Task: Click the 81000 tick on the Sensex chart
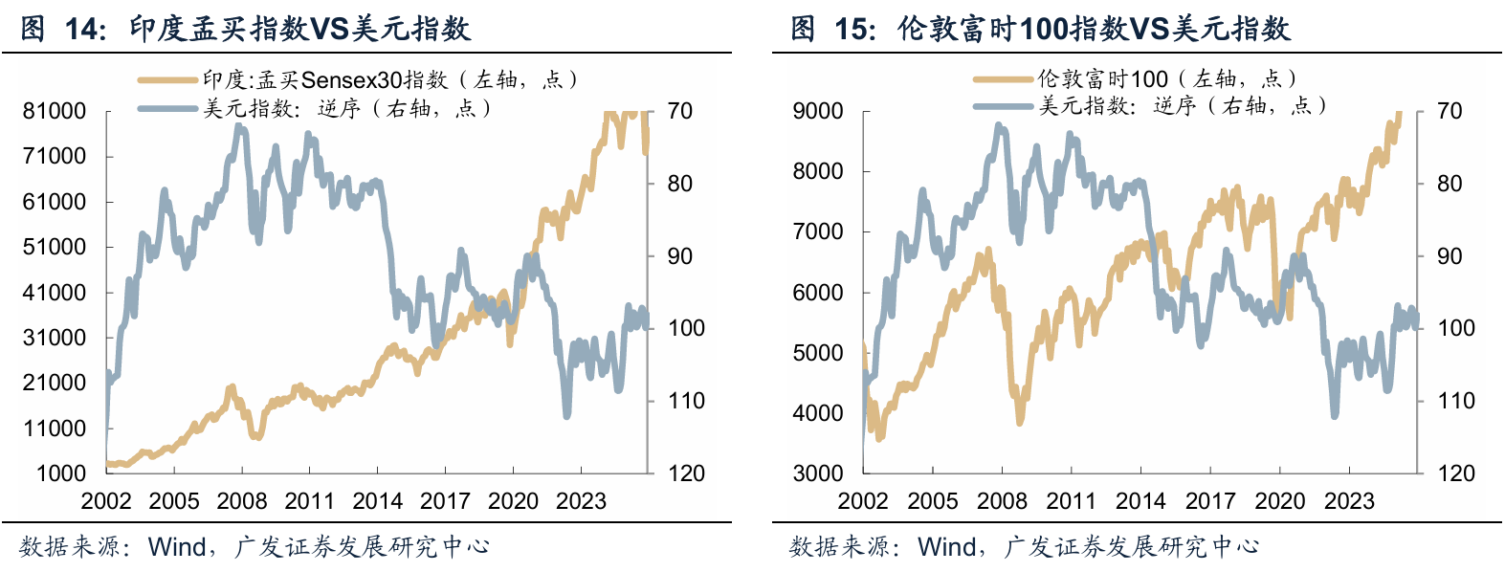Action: tap(55, 111)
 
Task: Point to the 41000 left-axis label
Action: tap(55, 293)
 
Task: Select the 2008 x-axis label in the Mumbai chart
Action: tap(242, 501)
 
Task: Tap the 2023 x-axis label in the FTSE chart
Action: tap(1349, 501)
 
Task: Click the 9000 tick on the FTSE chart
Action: tap(818, 111)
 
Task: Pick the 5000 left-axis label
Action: tap(818, 353)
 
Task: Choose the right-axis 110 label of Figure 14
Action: tap(686, 401)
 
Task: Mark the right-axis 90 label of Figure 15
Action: tap(1450, 255)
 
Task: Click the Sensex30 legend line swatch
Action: tap(167, 80)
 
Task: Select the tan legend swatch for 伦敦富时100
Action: tap(1003, 79)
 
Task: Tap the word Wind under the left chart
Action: tap(177, 547)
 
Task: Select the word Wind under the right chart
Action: tap(946, 547)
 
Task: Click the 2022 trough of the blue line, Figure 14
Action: tap(567, 415)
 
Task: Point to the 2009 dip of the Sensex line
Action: tap(256, 436)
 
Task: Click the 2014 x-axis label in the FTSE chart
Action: tap(1140, 501)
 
